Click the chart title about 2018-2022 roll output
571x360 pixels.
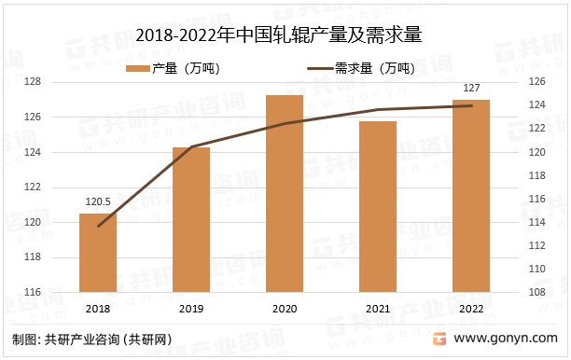tap(285, 36)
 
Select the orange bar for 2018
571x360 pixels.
tap(98, 253)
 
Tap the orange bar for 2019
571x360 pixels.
tap(191, 220)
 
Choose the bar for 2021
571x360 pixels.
tap(378, 207)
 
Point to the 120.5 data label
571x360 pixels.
tap(98, 201)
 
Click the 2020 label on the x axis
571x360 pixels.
tap(285, 308)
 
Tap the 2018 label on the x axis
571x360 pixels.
tap(98, 308)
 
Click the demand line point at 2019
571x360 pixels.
tap(191, 146)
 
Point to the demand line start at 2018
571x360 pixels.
tap(98, 226)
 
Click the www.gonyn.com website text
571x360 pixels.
tap(512, 339)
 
